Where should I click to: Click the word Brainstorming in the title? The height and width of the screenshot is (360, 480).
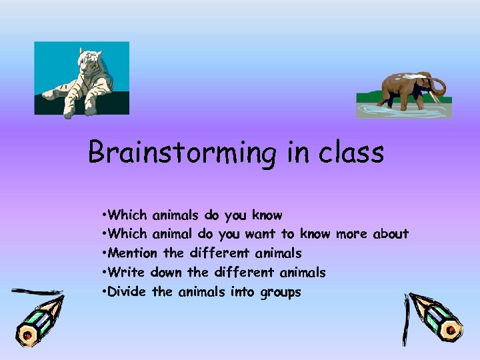pos(181,153)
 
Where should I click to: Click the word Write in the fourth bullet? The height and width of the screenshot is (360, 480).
pos(126,272)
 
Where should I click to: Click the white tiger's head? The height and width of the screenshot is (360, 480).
pos(89,63)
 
